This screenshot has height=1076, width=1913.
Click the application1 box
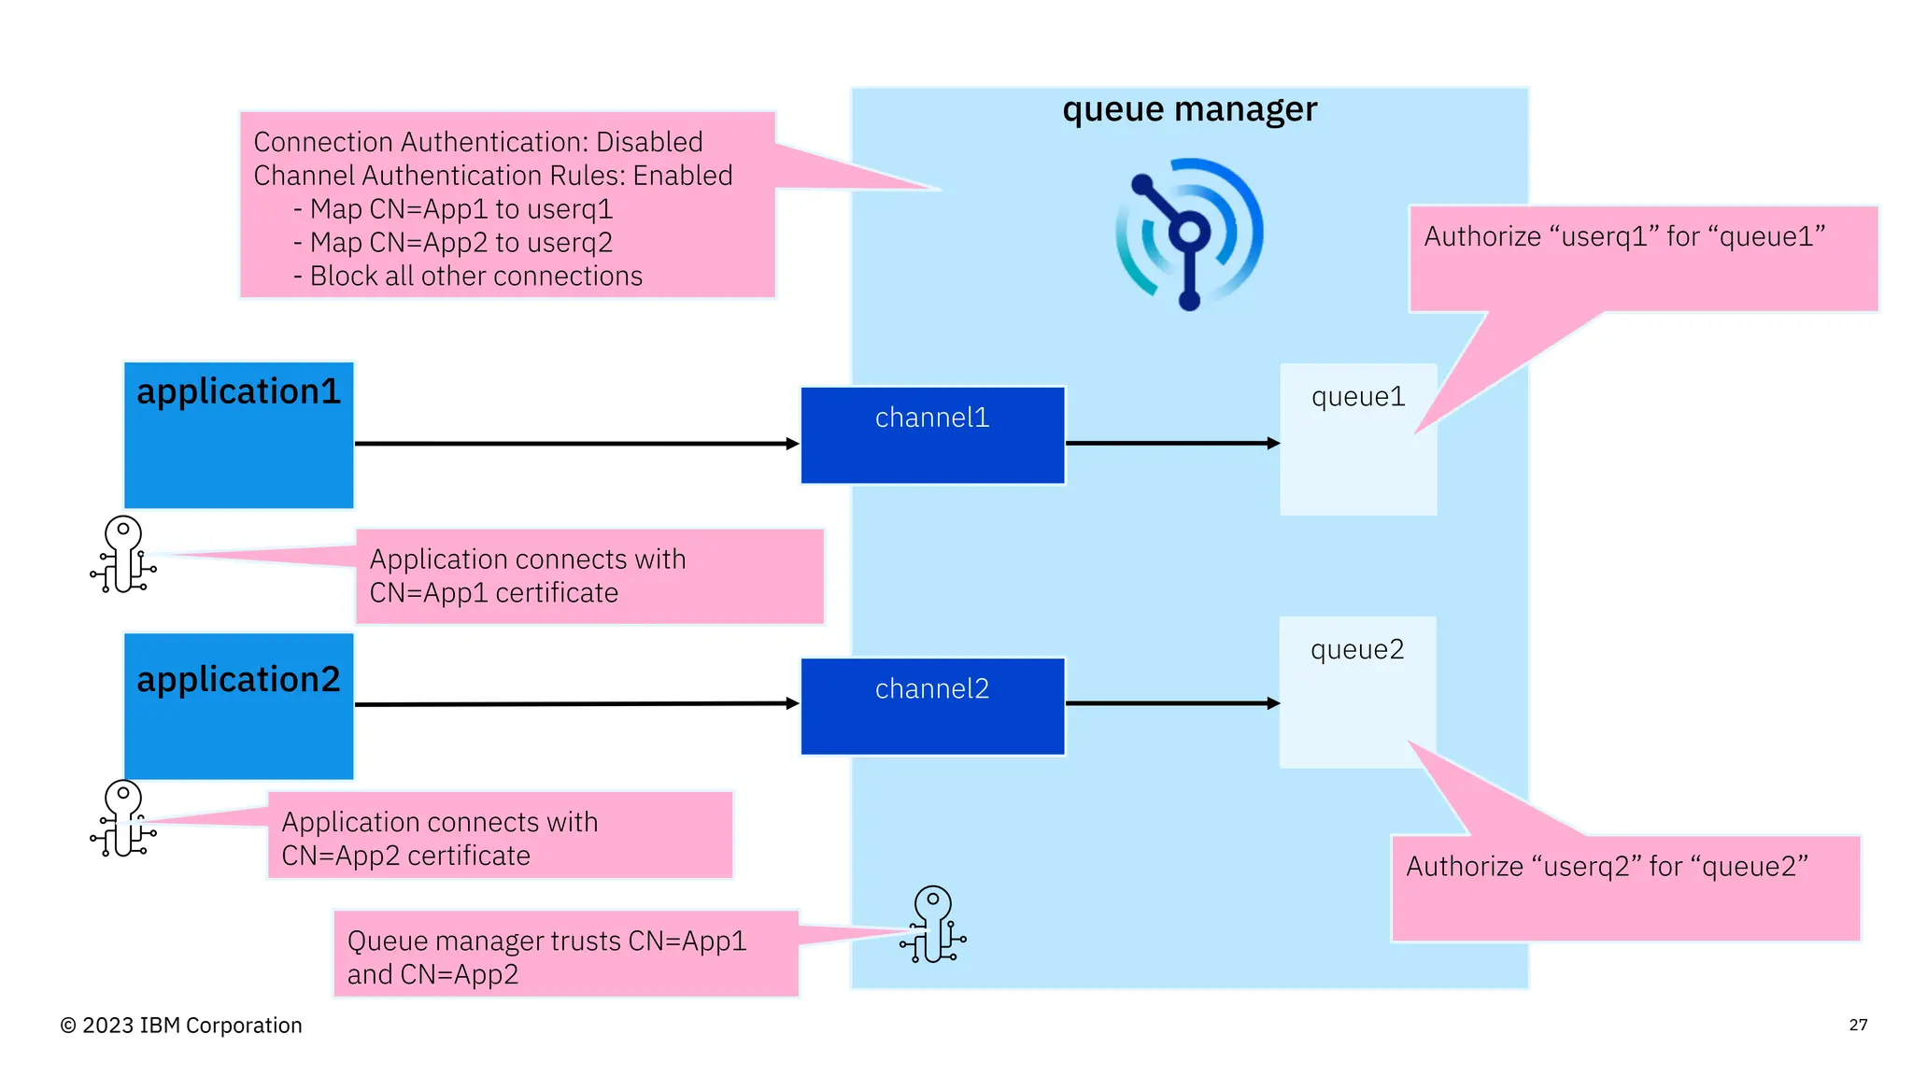(238, 435)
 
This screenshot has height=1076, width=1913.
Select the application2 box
(238, 706)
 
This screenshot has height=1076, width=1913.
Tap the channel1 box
(932, 435)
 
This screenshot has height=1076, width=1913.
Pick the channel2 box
(932, 706)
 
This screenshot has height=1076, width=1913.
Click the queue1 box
(1357, 439)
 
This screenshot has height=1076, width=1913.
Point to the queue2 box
(1356, 692)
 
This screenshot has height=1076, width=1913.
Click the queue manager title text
(1189, 110)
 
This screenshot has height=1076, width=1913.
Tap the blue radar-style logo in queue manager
(1189, 234)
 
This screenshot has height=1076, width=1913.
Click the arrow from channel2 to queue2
(1172, 703)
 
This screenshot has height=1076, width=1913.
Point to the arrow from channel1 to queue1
(1172, 444)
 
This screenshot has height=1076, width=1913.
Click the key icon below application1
(123, 555)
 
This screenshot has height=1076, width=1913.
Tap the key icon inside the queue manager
(933, 925)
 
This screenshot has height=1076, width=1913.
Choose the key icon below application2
(123, 819)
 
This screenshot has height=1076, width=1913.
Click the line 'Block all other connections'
(475, 276)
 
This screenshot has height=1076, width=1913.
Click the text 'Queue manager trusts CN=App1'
(546, 941)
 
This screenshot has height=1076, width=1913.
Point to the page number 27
(1858, 1025)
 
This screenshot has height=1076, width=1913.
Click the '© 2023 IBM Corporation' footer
(181, 1026)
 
